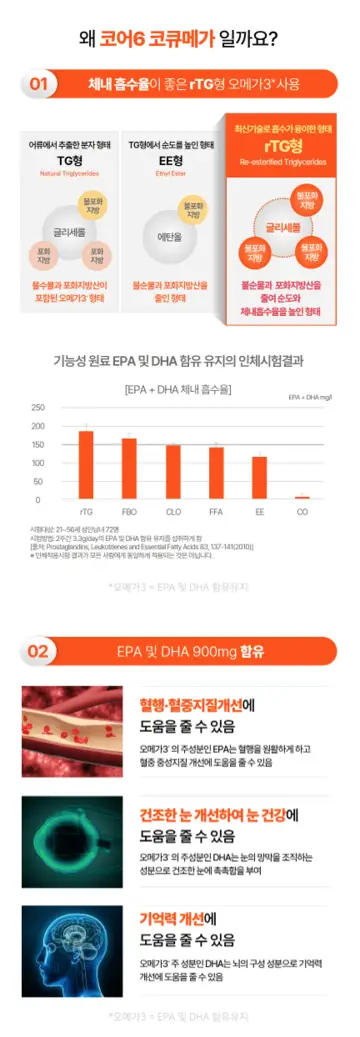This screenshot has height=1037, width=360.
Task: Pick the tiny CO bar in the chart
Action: click(302, 496)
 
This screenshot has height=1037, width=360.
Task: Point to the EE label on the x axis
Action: click(259, 510)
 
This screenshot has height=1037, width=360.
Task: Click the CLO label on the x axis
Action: click(173, 510)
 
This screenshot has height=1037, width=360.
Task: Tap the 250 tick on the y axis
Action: click(38, 408)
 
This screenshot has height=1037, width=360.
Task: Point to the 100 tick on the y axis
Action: click(38, 463)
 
